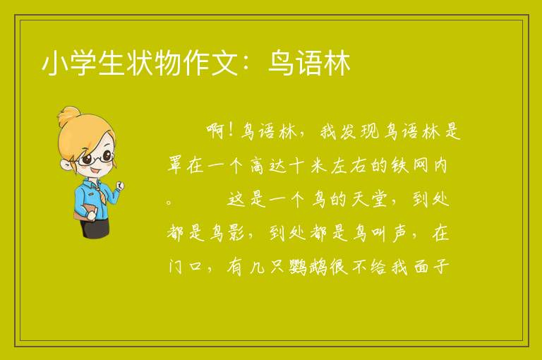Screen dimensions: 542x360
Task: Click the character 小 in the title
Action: pyautogui.click(x=55, y=63)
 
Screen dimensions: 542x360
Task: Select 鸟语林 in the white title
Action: pyautogui.click(x=309, y=63)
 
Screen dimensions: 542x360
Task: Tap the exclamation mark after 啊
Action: pyautogui.click(x=231, y=131)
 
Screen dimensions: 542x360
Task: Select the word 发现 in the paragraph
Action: pyautogui.click(x=349, y=131)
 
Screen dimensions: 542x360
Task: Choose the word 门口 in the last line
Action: pyautogui.click(x=185, y=267)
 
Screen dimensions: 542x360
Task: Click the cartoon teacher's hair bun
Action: pyautogui.click(x=68, y=116)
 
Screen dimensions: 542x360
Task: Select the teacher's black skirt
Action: pyautogui.click(x=95, y=229)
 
